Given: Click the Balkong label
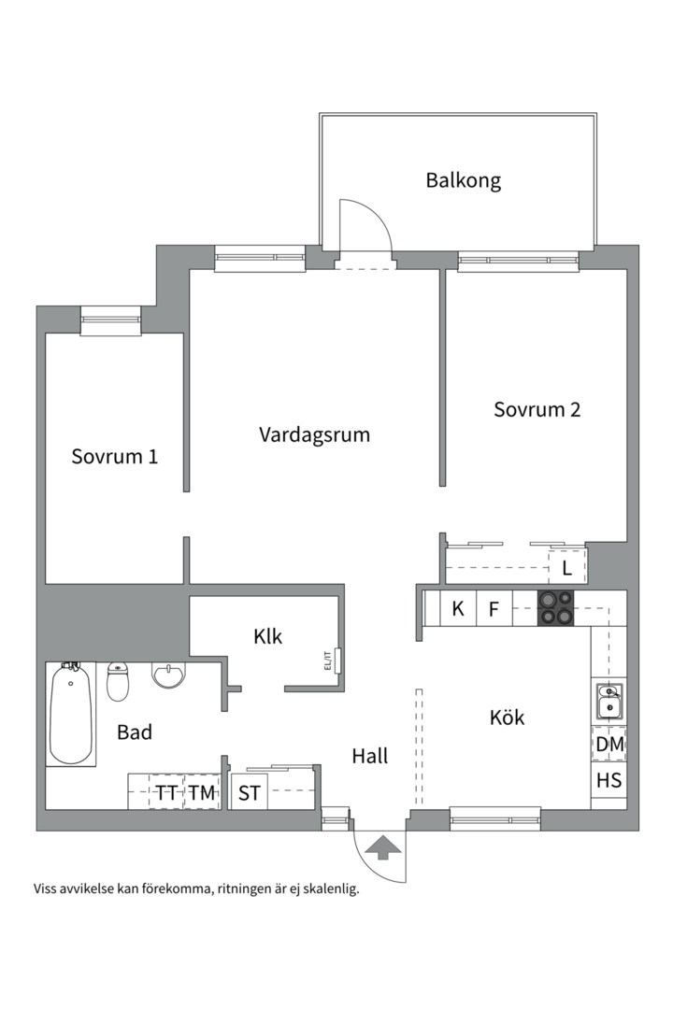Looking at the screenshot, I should click(x=463, y=180).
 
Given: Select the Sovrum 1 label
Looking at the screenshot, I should click(x=114, y=457).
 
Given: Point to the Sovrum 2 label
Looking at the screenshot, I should click(x=537, y=409).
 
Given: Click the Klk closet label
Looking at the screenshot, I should click(x=267, y=637).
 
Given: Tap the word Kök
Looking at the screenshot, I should click(x=507, y=718).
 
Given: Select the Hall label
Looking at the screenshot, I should click(x=369, y=756).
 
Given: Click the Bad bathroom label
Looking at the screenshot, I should click(x=135, y=732).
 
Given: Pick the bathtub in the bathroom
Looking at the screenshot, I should click(x=71, y=713).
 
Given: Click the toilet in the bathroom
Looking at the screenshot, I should click(x=118, y=681).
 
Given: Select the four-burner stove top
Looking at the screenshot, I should click(x=555, y=608).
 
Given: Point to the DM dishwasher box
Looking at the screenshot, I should click(x=609, y=745).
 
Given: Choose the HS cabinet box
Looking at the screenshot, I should click(x=609, y=780).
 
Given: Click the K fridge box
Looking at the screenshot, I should click(x=458, y=609).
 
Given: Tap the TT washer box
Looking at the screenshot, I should click(x=166, y=793).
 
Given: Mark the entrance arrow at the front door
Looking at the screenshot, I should click(x=382, y=846).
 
